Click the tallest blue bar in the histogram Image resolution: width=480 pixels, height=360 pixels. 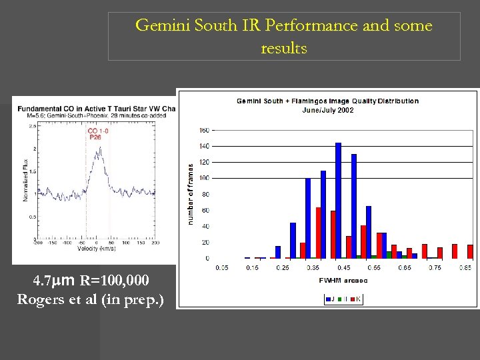338,200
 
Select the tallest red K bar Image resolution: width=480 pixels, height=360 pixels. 319,233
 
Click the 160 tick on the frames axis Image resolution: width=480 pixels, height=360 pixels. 204,130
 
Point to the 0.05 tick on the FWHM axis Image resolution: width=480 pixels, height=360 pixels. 222,268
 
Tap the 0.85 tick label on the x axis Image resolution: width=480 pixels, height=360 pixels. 465,268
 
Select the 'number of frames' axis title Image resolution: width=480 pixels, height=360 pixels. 191,194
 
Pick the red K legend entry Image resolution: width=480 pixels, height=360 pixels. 356,299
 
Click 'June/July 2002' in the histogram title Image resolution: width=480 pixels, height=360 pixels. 328,110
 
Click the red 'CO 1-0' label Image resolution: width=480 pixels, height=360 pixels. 98,131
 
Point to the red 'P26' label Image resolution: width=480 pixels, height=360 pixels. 95,138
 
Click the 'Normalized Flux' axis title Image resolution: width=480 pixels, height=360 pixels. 25,183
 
